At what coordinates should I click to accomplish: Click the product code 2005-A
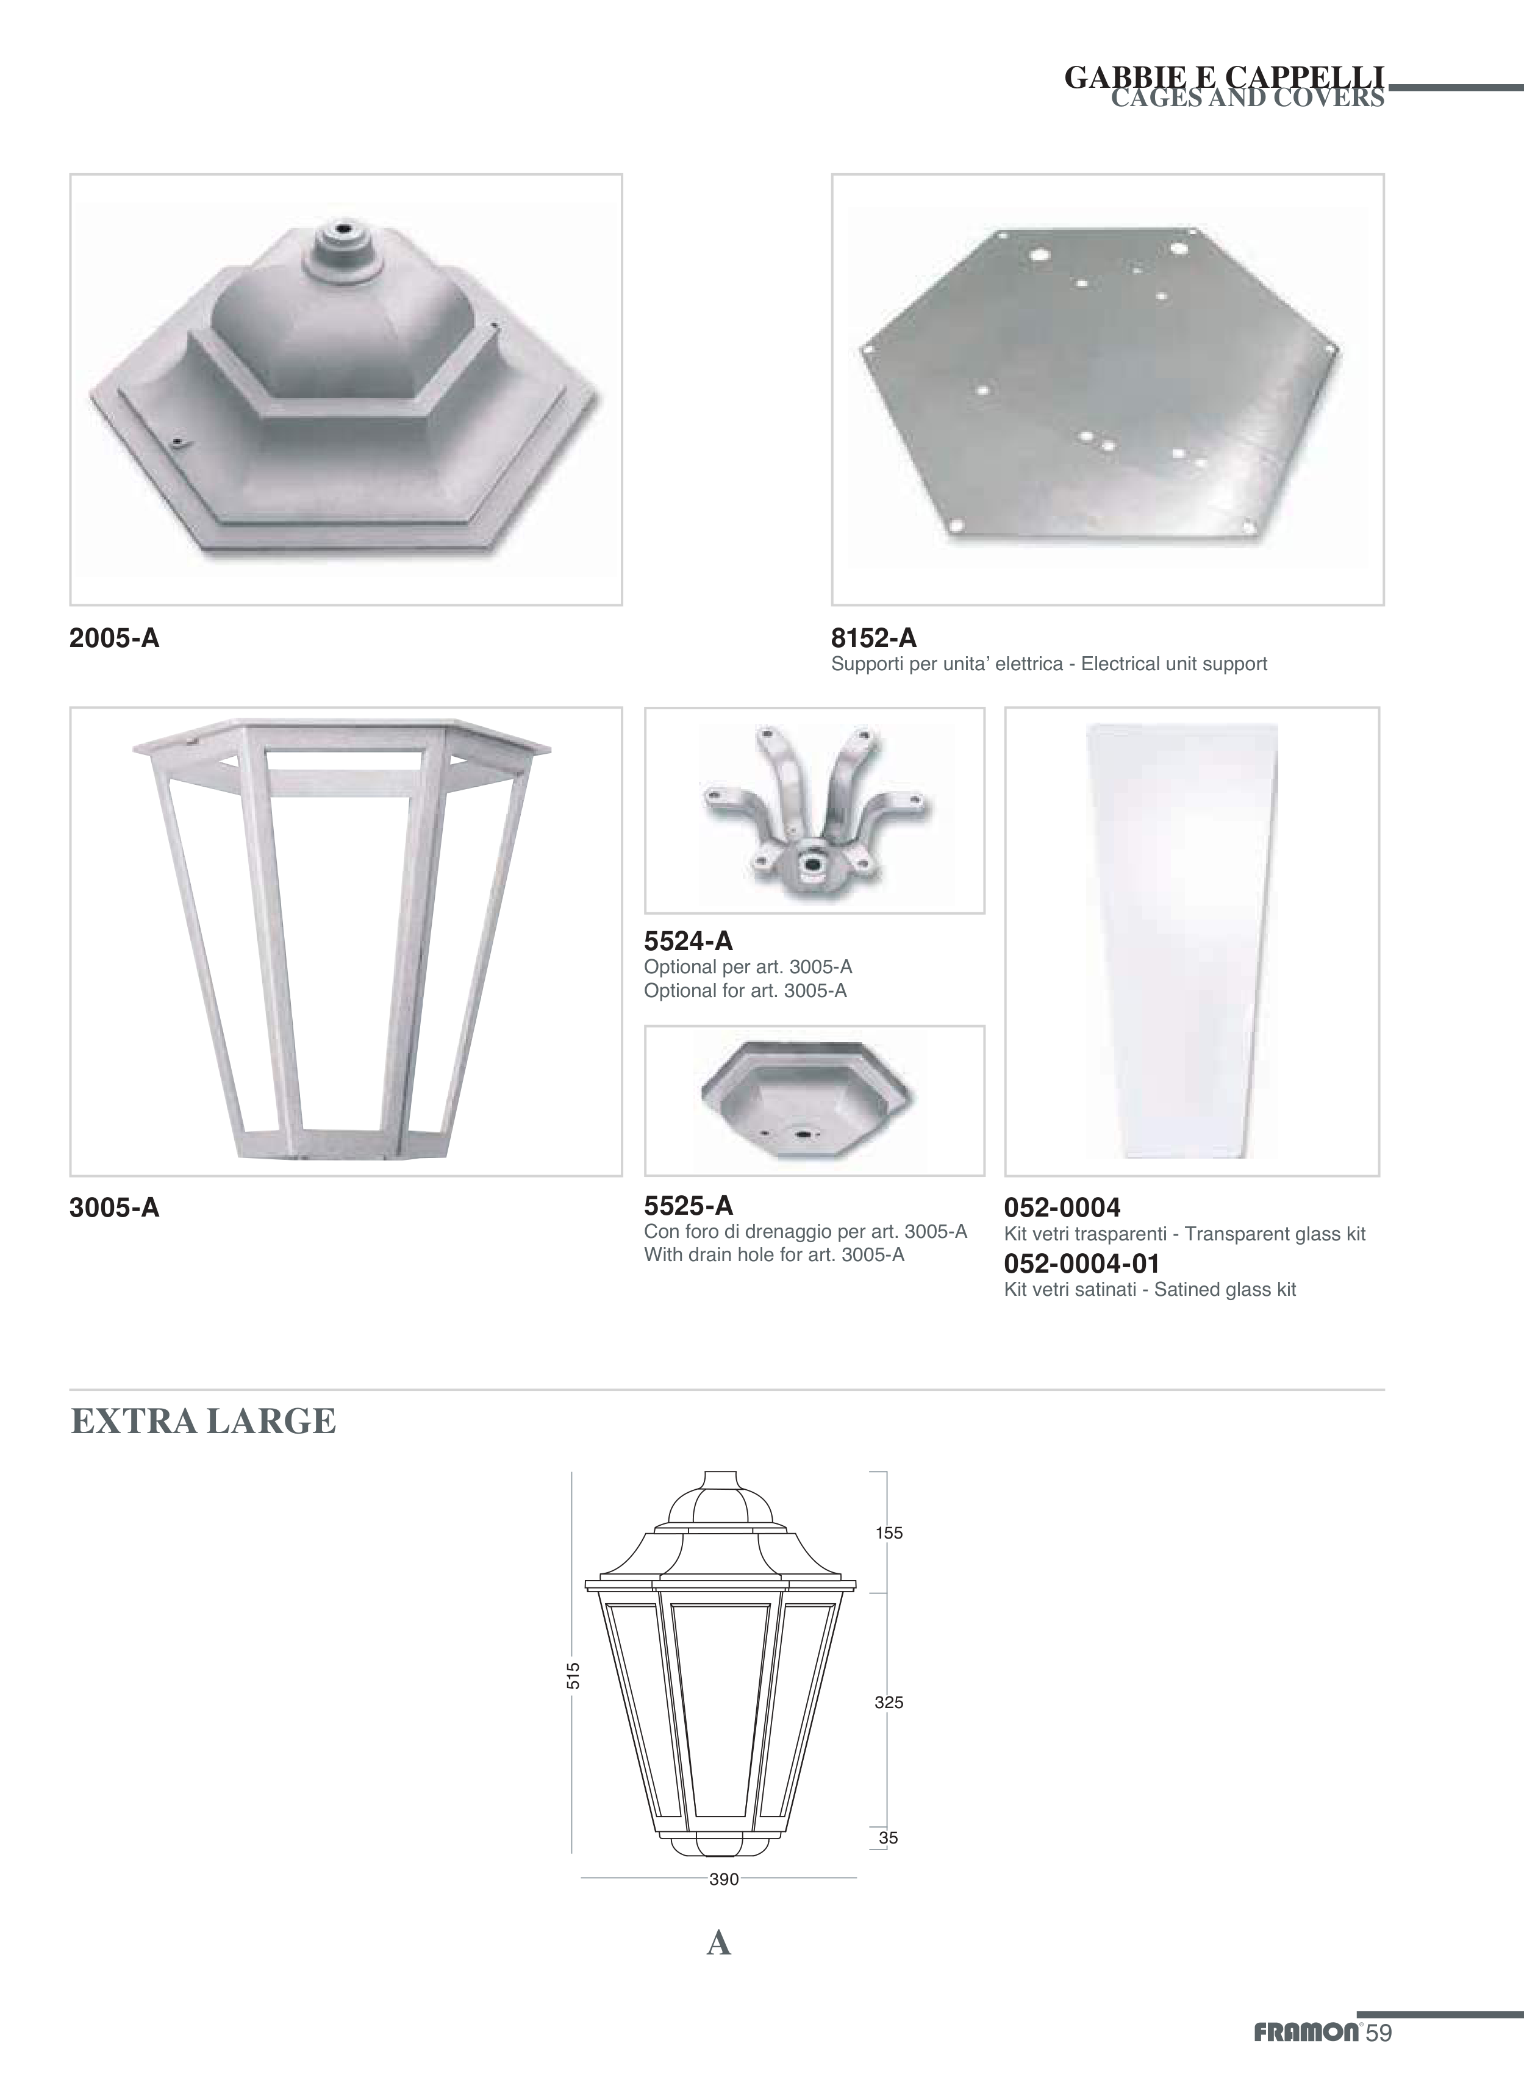[115, 638]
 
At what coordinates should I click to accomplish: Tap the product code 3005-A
[115, 1208]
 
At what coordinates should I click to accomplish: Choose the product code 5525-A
[689, 1206]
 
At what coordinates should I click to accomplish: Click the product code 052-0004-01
[1082, 1264]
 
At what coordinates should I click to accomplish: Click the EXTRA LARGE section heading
[204, 1421]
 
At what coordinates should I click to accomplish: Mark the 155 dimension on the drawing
[889, 1532]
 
